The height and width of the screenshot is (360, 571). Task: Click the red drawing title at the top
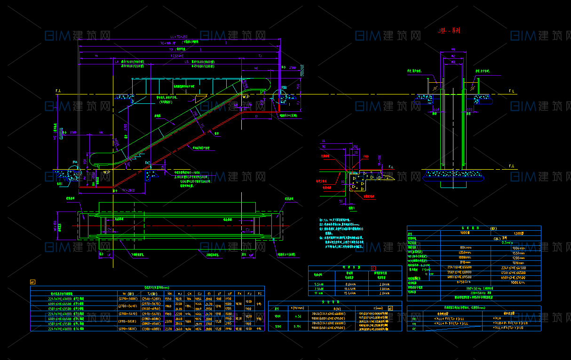(449, 31)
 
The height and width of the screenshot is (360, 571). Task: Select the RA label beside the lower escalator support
(74, 163)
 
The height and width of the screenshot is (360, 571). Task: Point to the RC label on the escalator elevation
(148, 163)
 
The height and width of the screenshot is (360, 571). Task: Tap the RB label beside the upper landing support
(284, 88)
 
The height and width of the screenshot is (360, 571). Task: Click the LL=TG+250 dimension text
(179, 37)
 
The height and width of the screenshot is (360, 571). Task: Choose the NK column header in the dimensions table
(168, 293)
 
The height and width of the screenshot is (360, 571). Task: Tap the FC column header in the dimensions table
(259, 293)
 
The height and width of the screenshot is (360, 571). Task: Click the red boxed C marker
(373, 268)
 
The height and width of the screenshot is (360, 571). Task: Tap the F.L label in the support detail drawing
(391, 166)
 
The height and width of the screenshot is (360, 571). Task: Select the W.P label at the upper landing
(246, 97)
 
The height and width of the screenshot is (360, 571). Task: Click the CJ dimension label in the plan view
(247, 229)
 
